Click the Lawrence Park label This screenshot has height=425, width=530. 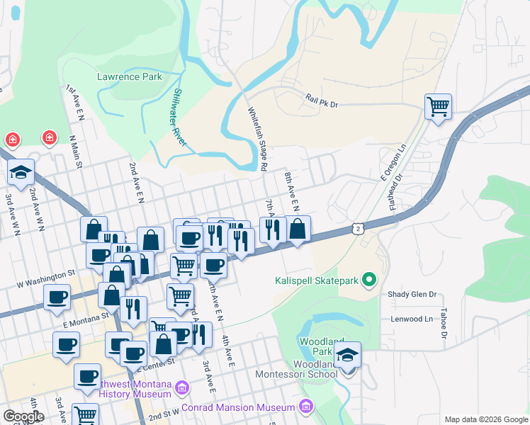pos(130,76)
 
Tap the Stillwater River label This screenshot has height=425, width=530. pos(180,118)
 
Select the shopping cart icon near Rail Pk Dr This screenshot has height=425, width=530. pos(439,107)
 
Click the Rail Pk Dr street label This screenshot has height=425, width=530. pos(322,103)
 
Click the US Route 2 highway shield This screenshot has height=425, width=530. pos(359,229)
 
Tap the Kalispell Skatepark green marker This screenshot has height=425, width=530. pos(368,280)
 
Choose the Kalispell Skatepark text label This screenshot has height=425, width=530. pos(317,280)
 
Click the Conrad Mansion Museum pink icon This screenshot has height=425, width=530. pos(306,407)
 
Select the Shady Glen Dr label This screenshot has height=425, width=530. pos(411,294)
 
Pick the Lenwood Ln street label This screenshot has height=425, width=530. pos(412,319)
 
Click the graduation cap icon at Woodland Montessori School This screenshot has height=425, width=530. pos(348,354)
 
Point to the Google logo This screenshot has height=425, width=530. pos(23,416)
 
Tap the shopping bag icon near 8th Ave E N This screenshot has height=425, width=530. pos(298,228)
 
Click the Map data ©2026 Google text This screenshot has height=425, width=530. pos(486,419)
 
